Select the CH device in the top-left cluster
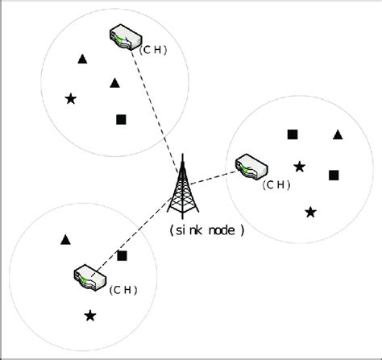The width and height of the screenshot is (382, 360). [124, 38]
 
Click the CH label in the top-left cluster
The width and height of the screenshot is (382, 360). [153, 49]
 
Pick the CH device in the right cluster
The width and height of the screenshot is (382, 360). [251, 168]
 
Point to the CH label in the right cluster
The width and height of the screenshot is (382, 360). [276, 184]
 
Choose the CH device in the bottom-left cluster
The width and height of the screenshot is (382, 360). [85, 277]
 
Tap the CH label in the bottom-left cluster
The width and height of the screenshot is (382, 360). [123, 289]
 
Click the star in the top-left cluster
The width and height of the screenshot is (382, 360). [71, 99]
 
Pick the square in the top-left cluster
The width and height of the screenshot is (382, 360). [121, 120]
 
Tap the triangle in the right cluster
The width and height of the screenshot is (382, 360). [338, 134]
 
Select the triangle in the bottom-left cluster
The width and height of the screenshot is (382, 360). [65, 239]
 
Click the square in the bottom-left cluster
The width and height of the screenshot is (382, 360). [122, 255]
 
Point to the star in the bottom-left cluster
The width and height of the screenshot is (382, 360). [90, 315]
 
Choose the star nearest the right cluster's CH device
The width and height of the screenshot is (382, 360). [299, 167]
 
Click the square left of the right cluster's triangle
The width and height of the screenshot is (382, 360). [293, 134]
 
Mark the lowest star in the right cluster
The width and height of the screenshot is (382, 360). [310, 212]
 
